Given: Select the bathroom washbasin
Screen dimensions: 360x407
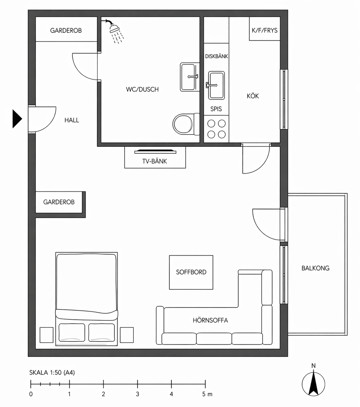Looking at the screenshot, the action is pos(189,77).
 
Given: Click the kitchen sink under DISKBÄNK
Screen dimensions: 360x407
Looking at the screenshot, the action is pos(216,85).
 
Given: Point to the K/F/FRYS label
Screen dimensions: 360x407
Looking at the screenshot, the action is pos(264,30).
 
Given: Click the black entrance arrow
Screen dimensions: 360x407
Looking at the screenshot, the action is pos(17,119).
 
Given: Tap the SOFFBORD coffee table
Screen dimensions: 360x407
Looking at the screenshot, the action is pos(191,272).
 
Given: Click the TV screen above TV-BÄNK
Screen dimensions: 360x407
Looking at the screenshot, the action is pos(155,152).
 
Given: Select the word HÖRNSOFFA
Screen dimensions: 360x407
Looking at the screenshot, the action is pos(210,320).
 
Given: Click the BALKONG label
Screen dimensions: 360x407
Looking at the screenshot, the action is pos(315,268).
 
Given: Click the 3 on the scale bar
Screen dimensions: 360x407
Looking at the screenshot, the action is pos(137,394).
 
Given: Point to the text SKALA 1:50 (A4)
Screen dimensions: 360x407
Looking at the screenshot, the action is pos(52,373).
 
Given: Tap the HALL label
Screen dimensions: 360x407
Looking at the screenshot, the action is pos(71,120).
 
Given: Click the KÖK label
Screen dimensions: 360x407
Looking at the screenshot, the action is pos(253,96).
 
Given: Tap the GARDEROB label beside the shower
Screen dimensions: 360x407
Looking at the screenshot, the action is pos(66,31).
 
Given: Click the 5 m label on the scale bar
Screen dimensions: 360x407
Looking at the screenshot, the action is pos(207,394).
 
